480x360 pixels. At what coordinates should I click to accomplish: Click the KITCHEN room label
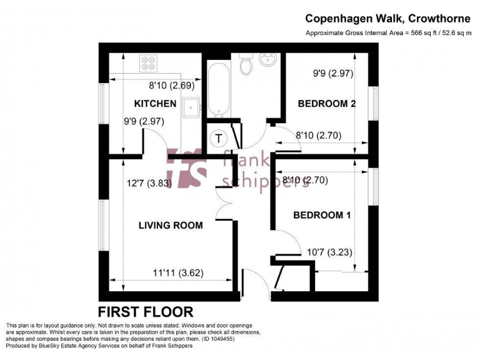[155, 104]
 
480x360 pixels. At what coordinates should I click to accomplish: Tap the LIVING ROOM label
[171, 225]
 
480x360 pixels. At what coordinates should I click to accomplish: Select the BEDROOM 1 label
[322, 215]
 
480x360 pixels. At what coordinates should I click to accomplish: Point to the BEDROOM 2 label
[327, 104]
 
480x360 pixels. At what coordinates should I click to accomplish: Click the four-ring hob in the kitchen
[149, 63]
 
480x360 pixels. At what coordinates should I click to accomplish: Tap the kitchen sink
[190, 107]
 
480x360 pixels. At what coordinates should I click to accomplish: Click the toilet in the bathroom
[246, 62]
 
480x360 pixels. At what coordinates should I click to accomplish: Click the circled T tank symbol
[219, 139]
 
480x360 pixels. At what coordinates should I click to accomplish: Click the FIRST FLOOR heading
[146, 311]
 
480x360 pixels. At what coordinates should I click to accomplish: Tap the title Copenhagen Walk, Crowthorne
[388, 19]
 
